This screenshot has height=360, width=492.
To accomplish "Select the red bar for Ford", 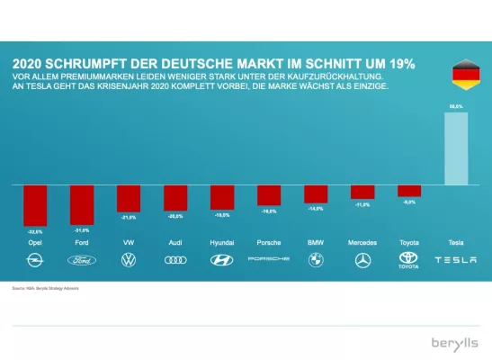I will [x=82, y=204].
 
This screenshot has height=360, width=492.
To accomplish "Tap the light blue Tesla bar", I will [x=456, y=148].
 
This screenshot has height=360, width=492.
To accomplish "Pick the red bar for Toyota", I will [x=409, y=191].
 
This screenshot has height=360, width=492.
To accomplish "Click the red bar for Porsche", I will [x=269, y=195].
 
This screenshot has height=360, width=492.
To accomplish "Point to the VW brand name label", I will [x=128, y=243].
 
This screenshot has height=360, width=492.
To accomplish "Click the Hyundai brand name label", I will [x=221, y=243].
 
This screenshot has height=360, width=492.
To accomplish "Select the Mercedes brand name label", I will [x=362, y=243].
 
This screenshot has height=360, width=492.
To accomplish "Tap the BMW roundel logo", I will [x=316, y=260].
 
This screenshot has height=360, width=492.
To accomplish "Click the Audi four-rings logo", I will [x=174, y=260].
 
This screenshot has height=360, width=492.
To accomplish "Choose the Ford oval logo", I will [x=82, y=260].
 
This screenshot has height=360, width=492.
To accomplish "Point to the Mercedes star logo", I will [x=362, y=260].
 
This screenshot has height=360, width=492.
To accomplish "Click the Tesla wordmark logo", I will [x=456, y=260].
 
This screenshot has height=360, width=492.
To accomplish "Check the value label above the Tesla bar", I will [x=456, y=106].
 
